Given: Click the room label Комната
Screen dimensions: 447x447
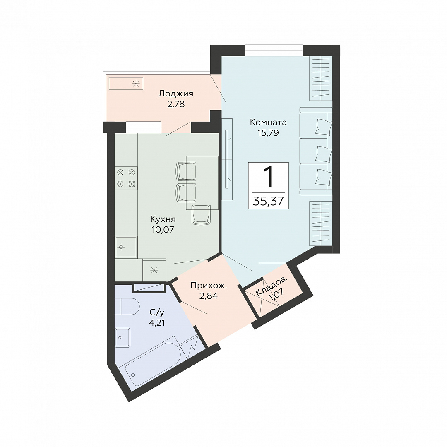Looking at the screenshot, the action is [x=268, y=123].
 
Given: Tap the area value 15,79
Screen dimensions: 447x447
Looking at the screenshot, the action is [x=268, y=133].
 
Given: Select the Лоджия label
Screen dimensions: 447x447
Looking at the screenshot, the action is [x=176, y=94].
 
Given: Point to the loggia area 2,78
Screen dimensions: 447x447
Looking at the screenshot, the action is [x=176, y=104].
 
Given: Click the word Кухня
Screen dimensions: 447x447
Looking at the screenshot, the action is [x=163, y=219].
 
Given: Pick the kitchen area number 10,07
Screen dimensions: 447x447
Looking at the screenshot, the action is [x=163, y=229].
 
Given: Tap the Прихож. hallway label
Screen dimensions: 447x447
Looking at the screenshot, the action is [x=209, y=286].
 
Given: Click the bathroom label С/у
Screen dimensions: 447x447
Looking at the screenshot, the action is [x=157, y=312].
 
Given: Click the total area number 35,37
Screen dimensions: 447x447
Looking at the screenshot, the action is [x=268, y=201].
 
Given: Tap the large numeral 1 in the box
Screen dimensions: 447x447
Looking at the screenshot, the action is [x=268, y=177].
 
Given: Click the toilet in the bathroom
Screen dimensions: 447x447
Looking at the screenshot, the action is [x=127, y=306].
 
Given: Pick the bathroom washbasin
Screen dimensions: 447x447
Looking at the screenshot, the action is [x=123, y=338].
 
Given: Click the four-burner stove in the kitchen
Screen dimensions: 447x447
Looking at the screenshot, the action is [x=126, y=178].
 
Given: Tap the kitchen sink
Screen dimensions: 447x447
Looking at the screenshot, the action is [x=126, y=247].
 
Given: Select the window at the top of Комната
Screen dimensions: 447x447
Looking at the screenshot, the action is [x=274, y=50].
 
